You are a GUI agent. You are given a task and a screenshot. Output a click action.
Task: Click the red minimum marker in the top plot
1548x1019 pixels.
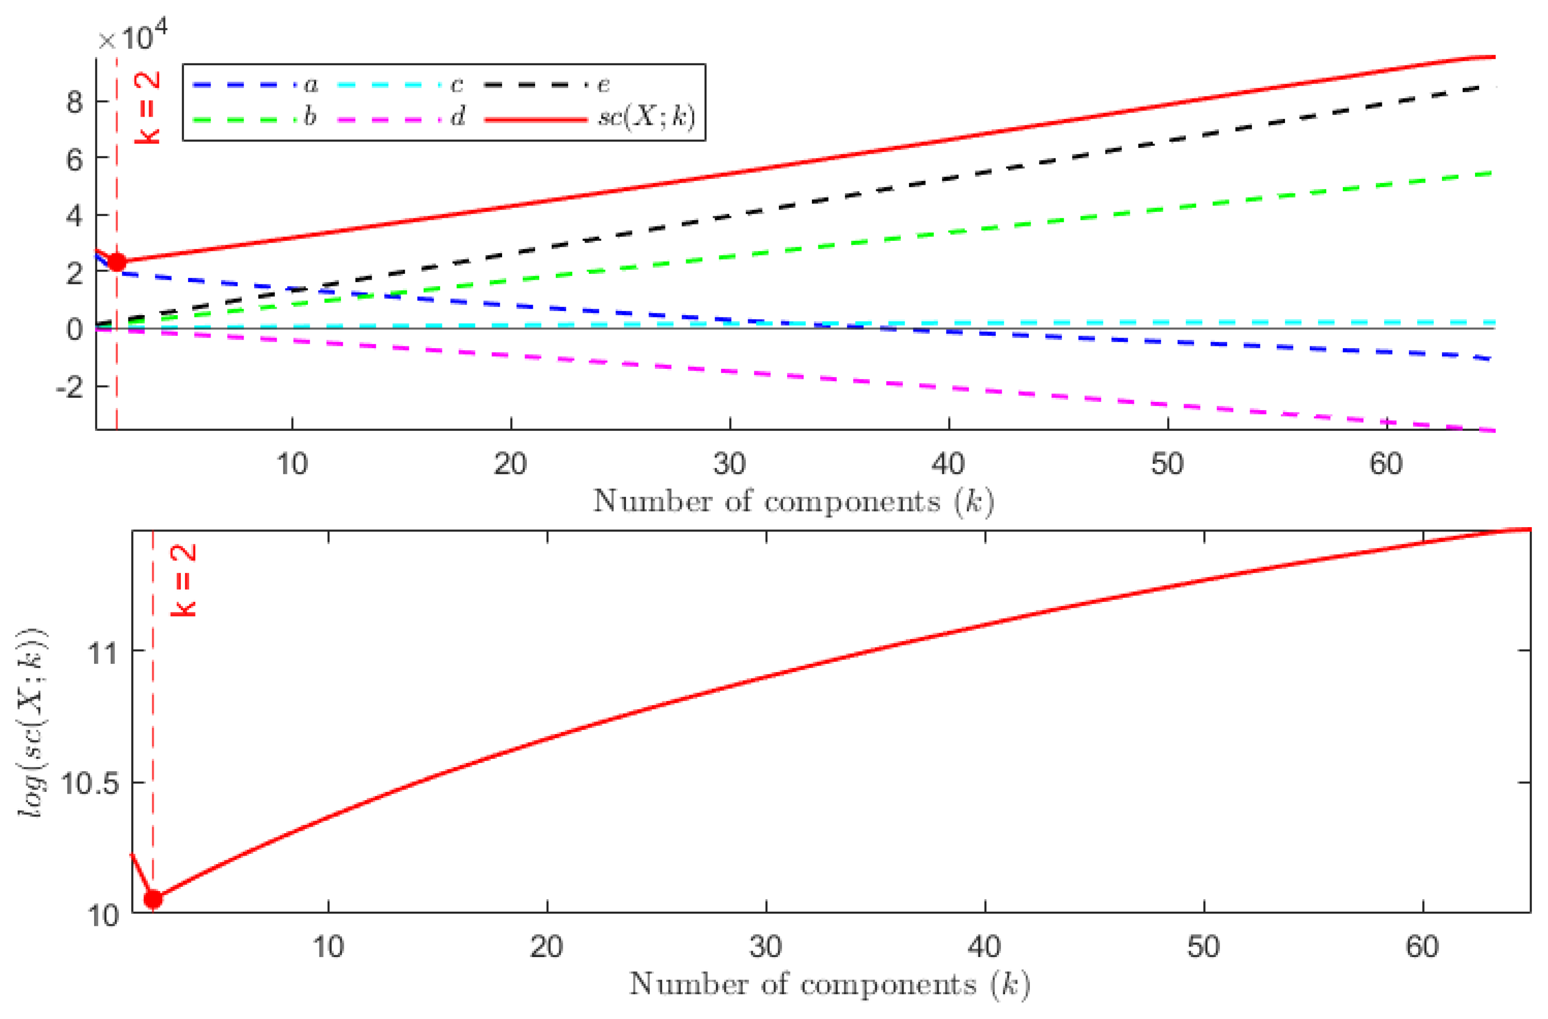(x=117, y=262)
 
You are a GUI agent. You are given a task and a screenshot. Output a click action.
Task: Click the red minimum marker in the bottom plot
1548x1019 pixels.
(x=153, y=899)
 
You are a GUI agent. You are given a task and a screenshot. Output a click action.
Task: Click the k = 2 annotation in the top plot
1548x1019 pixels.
(x=148, y=107)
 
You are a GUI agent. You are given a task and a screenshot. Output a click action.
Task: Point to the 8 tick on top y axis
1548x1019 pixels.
(x=75, y=103)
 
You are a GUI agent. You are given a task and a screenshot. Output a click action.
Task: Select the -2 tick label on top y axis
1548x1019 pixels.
(x=70, y=388)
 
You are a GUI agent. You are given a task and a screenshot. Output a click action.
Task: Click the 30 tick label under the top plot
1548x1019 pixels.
(x=729, y=464)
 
